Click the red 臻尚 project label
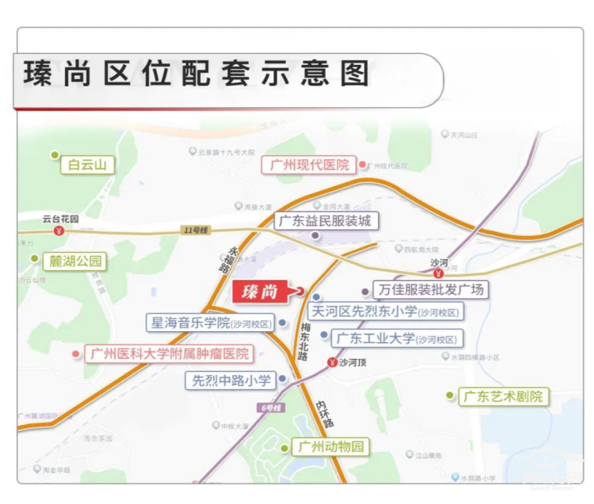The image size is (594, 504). coord(260,292)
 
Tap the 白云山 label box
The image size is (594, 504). coord(87,165)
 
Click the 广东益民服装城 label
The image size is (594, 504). coord(326,221)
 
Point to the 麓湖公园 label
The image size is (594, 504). coord(75,261)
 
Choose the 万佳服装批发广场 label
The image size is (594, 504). coord(429,289)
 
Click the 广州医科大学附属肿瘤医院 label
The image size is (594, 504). coord(169,354)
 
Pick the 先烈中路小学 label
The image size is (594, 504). coord(231,380)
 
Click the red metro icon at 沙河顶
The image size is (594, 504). coord(332,362)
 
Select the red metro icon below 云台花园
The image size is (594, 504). coord(59,231)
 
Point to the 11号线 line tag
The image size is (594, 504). coord(195,230)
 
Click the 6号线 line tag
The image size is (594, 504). coord(272,408)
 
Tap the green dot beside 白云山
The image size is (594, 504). coord(55,155)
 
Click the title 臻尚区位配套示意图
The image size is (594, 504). coord(197,74)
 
